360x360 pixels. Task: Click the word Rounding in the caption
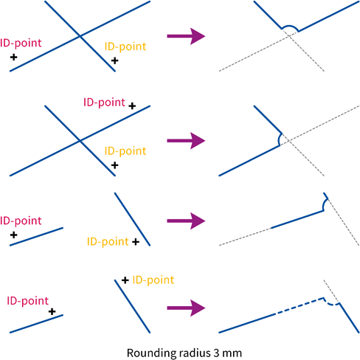coord(151,353)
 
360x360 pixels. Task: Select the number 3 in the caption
coord(216,353)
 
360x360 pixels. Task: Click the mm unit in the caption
coord(232,354)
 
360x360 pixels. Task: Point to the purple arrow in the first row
coord(186,36)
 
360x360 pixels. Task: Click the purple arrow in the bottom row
coord(186,308)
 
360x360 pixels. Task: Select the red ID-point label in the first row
coord(21,44)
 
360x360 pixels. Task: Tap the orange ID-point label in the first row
coord(125,47)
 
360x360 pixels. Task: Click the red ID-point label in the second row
coord(104,103)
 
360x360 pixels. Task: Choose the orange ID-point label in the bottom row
coord(153,280)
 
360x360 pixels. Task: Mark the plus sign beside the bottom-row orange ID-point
coord(125,280)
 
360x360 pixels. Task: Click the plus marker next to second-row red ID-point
coord(132,106)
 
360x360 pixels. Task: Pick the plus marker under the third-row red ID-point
coord(14,235)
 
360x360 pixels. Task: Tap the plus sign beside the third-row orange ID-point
coord(136,242)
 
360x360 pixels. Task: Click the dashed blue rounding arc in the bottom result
coord(330,303)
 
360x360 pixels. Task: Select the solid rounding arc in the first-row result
coord(290,26)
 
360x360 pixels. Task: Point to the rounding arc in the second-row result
coord(279,139)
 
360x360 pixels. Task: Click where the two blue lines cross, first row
coord(80,36)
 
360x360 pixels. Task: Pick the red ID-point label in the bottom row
coord(28,301)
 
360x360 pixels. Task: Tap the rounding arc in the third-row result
coord(324,204)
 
